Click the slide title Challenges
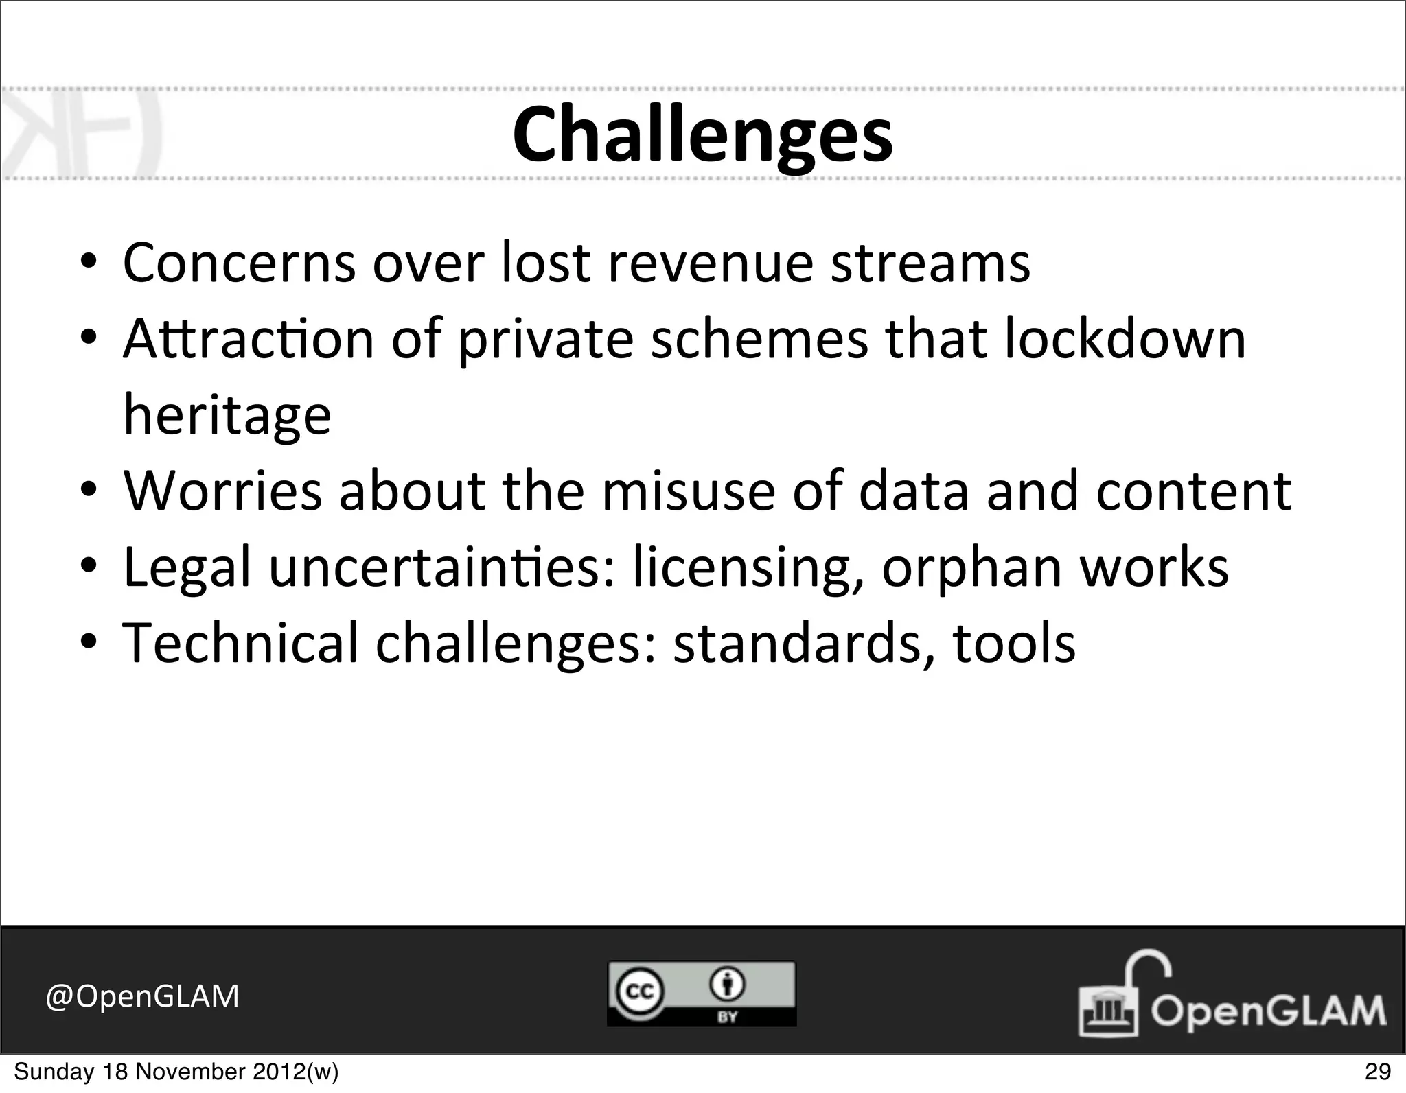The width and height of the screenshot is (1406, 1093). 702,135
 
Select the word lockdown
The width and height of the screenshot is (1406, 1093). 1125,339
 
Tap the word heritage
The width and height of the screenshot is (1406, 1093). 227,415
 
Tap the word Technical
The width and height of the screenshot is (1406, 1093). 240,644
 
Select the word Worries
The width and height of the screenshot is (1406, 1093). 222,491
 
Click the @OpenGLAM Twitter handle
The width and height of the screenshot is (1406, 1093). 142,996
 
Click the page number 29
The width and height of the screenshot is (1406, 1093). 1377,1071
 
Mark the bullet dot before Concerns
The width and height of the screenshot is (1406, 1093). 89,262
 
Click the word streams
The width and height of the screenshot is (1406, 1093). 930,263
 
